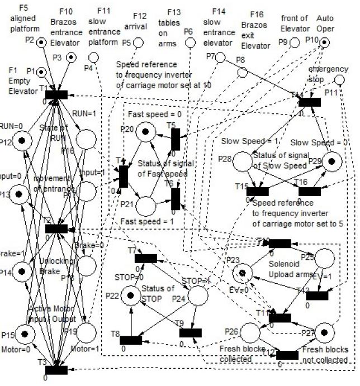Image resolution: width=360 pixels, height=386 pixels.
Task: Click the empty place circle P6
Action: [191, 43]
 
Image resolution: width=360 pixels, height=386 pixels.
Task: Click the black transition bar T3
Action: [56, 369]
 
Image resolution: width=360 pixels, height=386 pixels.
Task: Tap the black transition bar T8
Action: [131, 340]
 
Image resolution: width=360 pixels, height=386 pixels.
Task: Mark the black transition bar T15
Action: [257, 191]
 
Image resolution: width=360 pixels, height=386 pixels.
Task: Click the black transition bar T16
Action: [310, 191]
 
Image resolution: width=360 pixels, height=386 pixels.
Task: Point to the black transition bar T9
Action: [191, 333]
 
